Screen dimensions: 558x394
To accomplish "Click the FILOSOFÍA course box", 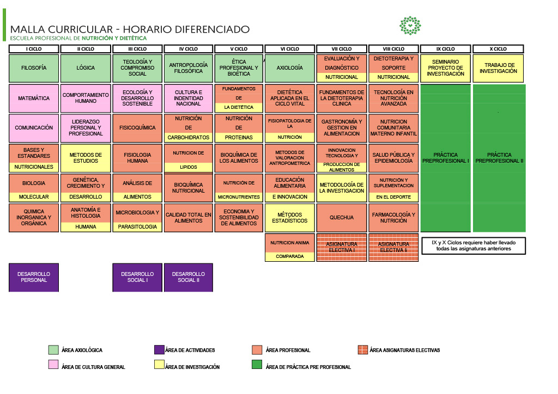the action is coord(34,68).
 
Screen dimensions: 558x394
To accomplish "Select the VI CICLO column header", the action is coord(290,49).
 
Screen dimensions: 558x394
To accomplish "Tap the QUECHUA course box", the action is coord(342,218).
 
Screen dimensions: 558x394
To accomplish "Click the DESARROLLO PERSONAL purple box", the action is coord(34,278).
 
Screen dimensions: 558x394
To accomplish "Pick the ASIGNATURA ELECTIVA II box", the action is coord(393,247).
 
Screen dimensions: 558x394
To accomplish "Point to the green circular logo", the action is coord(410,26).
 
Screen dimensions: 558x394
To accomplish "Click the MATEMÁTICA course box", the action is coord(34,98).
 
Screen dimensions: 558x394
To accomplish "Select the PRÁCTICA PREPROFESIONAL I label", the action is coord(446,158).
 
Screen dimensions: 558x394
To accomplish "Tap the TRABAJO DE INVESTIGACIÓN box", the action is coord(498,68).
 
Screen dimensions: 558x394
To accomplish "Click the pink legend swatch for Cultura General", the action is coord(53,365).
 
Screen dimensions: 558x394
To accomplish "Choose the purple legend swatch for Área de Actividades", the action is coord(159,349).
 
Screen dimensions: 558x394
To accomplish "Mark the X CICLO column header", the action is coord(498,49).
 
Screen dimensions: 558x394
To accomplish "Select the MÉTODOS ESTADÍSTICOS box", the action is coord(290,218).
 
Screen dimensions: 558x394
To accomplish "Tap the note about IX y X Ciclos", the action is coord(474,246).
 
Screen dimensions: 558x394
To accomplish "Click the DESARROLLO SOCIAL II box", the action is coord(189,278).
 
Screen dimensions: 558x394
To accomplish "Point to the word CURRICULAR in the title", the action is coord(81,29).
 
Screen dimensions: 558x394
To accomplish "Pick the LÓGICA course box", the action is coord(86,68).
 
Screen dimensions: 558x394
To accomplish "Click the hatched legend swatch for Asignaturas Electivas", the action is coord(362,349).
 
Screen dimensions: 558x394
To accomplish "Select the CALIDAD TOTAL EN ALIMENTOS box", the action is coord(189,218).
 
